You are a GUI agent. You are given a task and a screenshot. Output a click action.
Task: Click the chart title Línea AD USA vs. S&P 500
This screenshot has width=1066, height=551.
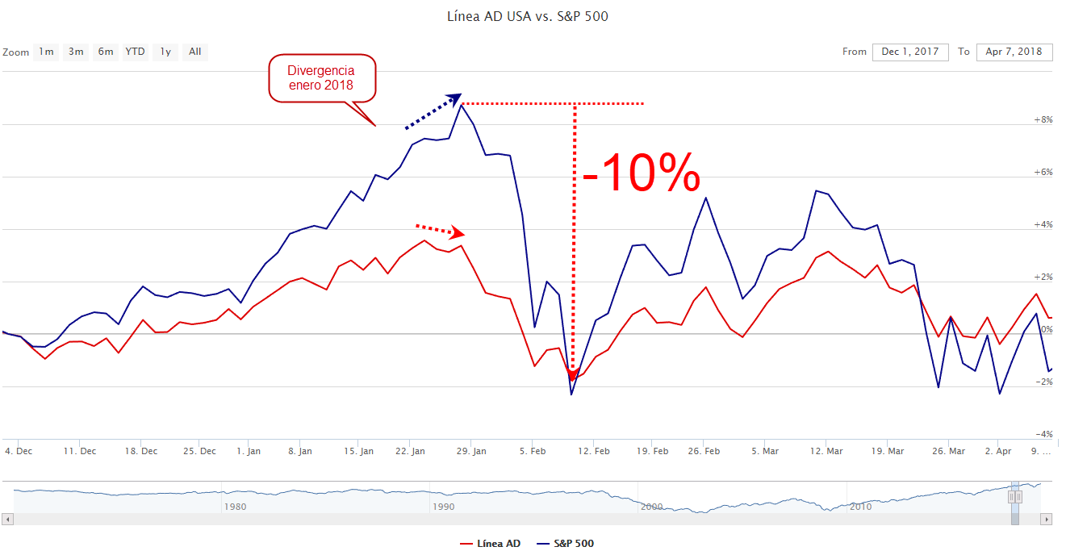527,16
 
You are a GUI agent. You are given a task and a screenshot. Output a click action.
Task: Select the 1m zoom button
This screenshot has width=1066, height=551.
46,52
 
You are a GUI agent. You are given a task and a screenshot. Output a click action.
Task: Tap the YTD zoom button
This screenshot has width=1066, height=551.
135,52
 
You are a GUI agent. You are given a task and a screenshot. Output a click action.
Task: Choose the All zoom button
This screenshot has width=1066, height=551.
194,52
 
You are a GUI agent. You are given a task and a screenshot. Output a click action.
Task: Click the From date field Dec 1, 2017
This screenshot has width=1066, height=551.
909,52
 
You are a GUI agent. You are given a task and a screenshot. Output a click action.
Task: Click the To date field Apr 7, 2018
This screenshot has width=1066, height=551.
1014,52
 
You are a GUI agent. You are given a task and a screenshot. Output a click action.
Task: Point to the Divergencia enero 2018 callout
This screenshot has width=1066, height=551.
321,78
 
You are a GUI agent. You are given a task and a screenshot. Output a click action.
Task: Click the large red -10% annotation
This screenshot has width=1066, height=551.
641,173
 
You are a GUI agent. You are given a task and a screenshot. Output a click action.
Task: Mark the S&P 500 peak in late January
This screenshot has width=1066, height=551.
461,105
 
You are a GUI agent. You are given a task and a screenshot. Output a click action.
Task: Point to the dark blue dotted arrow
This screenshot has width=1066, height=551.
432,112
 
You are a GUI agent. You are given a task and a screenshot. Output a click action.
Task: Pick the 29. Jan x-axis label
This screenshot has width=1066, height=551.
473,451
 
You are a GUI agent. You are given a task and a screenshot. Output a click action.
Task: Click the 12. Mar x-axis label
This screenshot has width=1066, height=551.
826,451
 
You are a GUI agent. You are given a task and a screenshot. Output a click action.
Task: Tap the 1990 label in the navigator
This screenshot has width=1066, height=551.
444,507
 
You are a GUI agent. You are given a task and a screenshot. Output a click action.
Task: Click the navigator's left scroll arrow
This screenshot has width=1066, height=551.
8,519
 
